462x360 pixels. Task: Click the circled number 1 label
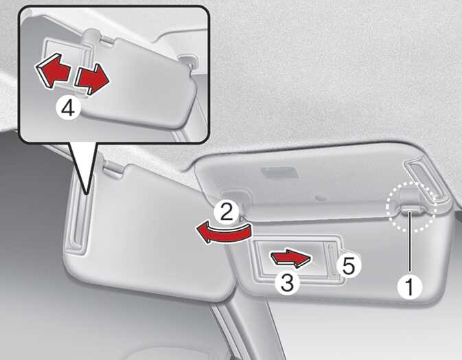tap(410, 286)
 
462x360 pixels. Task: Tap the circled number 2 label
tap(227, 212)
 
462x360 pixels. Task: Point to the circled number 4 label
tap(68, 109)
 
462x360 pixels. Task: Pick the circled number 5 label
tap(348, 265)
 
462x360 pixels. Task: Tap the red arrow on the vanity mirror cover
tap(291, 258)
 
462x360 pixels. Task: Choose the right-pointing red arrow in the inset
tap(92, 79)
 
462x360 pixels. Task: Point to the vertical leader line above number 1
tap(410, 243)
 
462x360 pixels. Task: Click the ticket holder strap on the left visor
tap(77, 214)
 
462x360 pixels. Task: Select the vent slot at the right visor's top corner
tap(426, 183)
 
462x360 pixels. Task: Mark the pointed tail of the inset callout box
tap(86, 194)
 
